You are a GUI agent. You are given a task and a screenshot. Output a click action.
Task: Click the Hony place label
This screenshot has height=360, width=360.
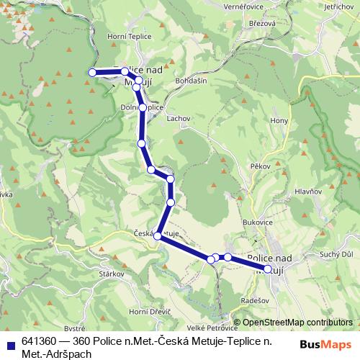point(279,121)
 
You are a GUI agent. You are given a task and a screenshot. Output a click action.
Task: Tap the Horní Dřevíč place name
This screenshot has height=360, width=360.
point(149,312)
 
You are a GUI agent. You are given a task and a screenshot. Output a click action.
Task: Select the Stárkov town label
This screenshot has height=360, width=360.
point(112,274)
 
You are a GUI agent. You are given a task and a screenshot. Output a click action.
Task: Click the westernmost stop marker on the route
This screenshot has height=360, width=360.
point(92,72)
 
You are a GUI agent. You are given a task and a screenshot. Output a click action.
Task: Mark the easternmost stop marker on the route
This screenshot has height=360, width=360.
point(268,269)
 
